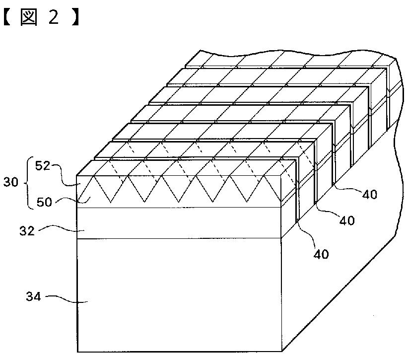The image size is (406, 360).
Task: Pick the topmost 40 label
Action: click(x=369, y=195)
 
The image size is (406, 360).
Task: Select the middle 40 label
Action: click(x=347, y=220)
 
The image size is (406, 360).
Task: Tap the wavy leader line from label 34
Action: click(x=65, y=299)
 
